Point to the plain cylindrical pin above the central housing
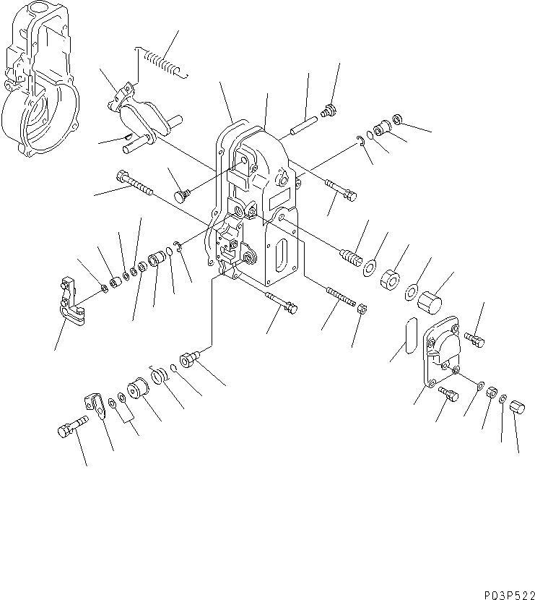pyautogui.click(x=300, y=125)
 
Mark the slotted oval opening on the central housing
pyautogui.click(x=282, y=257)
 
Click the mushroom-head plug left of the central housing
pyautogui.click(x=183, y=196)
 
